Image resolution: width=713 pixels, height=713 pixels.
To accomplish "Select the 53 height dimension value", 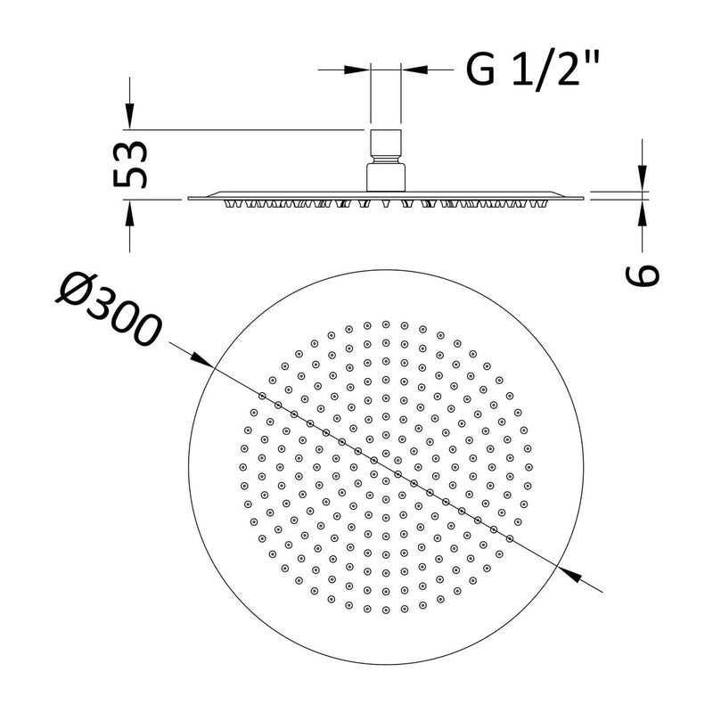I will pos(133,164).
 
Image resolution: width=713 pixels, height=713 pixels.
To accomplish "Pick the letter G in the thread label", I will pos(480,69).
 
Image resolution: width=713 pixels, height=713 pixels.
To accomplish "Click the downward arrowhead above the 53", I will pos(130,118).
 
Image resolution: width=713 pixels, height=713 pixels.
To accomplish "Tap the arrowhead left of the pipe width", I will pos(360,68).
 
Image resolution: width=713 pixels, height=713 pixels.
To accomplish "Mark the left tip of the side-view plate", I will pos(189,198).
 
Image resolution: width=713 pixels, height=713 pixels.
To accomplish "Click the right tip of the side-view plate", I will pos(585,198).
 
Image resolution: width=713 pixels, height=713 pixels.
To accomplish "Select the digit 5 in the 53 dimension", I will pos(133,176).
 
